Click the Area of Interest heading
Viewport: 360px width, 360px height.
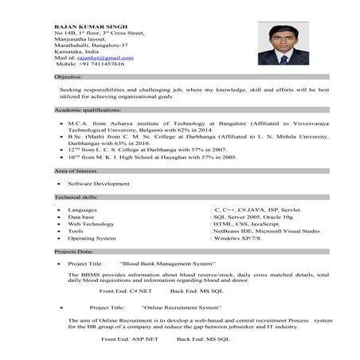click(76, 171)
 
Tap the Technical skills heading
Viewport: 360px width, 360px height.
click(76, 197)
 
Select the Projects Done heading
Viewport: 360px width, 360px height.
click(73, 250)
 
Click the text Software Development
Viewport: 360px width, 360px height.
click(99, 183)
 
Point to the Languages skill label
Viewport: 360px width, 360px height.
click(84, 209)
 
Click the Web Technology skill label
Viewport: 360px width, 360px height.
click(92, 224)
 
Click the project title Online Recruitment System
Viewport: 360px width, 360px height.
click(182, 307)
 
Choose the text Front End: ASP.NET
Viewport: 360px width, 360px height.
click(130, 339)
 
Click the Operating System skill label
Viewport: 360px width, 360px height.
click(92, 238)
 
